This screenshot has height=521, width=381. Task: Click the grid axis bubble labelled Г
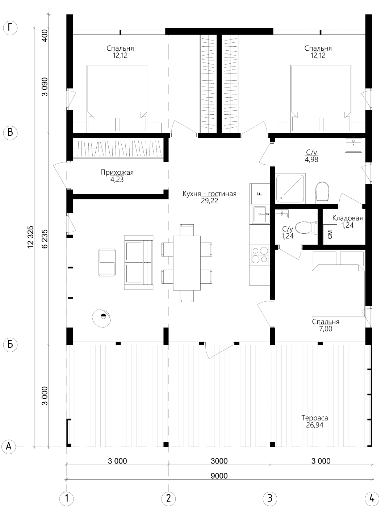[x=11, y=28]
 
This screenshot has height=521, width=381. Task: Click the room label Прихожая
[x=117, y=172]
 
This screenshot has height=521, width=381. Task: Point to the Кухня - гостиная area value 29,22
[x=210, y=201]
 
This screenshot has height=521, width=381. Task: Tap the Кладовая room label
[x=347, y=218]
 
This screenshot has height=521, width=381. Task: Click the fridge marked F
[x=260, y=194]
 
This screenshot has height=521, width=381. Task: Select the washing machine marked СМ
[x=330, y=234]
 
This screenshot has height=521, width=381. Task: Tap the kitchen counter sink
[x=260, y=214]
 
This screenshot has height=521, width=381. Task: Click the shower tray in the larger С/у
[x=290, y=189]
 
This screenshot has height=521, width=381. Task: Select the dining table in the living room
[x=187, y=263]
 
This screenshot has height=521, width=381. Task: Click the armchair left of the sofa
[x=107, y=262]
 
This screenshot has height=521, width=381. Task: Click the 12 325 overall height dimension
[x=31, y=237]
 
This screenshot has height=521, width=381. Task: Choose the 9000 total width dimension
[x=219, y=476]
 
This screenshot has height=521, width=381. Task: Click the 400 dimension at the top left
[x=45, y=35]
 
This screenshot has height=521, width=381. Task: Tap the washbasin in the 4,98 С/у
[x=353, y=146]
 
